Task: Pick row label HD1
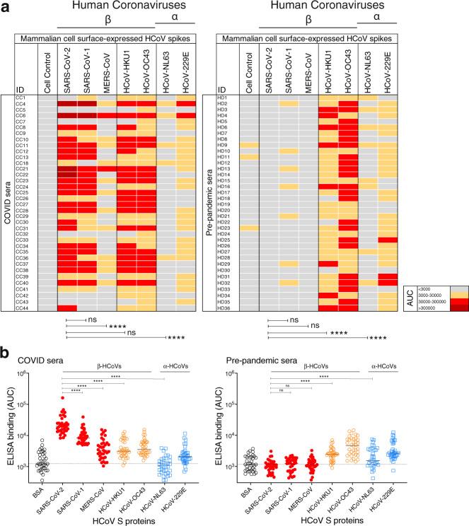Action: click(224, 97)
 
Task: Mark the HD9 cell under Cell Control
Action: click(250, 144)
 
